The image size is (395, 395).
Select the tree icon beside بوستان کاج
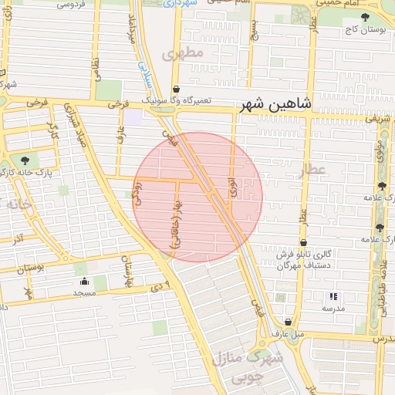click(x=365, y=17)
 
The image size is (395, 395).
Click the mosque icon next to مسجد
click(x=83, y=281)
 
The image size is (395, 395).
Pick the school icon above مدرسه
click(x=333, y=295)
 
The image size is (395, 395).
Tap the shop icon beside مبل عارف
click(x=288, y=322)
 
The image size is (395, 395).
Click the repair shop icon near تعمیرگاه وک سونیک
click(x=177, y=89)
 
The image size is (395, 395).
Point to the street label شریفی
click(x=377, y=120)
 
